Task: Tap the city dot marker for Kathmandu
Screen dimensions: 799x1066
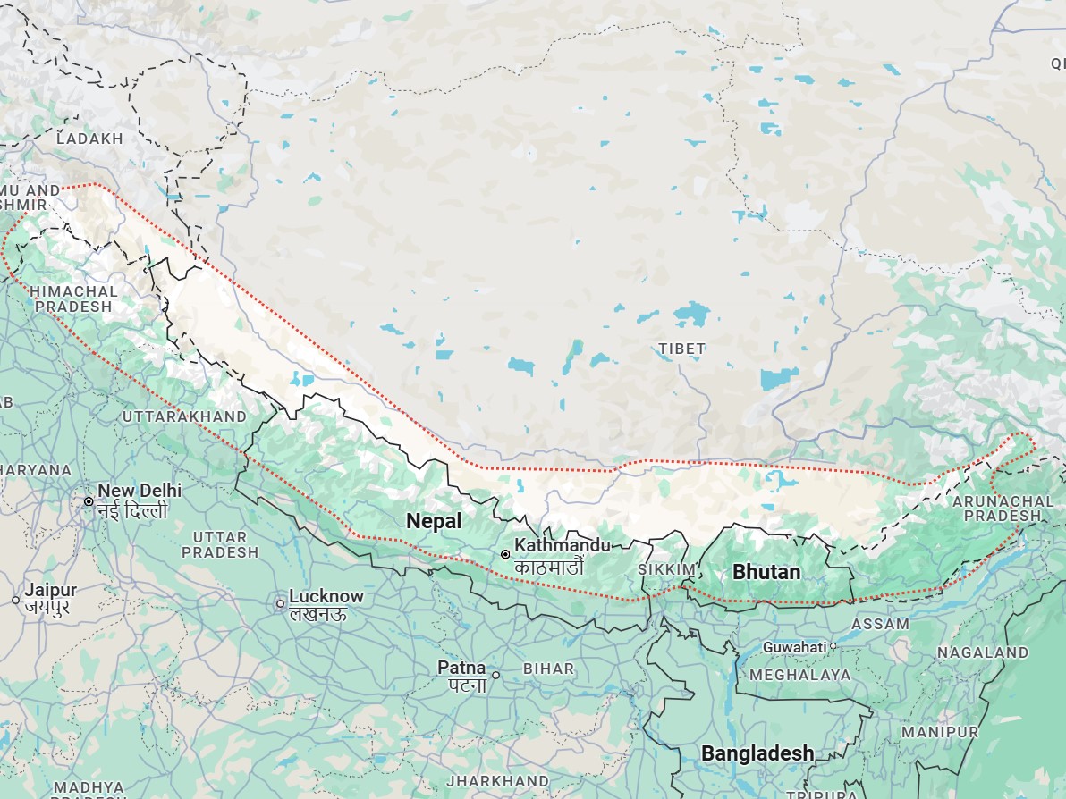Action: click(505, 554)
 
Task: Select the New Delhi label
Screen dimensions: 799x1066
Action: click(140, 491)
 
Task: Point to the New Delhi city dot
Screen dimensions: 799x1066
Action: click(89, 501)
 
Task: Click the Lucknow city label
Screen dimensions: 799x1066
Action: click(326, 596)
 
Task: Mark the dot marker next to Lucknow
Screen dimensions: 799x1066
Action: click(280, 603)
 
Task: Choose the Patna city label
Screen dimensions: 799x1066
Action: click(461, 668)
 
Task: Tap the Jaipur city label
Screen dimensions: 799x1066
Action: click(50, 590)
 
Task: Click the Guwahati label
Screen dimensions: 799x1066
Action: click(794, 646)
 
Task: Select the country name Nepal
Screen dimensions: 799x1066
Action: click(434, 521)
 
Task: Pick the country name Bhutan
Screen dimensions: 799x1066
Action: click(766, 571)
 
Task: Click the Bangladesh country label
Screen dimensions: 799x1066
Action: click(757, 753)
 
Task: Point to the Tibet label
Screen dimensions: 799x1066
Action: click(681, 349)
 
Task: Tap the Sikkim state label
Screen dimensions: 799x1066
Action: click(666, 569)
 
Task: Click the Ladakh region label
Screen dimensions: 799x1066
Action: click(89, 139)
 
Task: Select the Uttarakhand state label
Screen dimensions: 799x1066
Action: click(184, 416)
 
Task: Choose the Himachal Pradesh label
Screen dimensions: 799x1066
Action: click(73, 299)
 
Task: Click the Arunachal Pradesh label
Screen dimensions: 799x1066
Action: click(995, 509)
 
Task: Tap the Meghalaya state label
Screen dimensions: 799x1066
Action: click(799, 675)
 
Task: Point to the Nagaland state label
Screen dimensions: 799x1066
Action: click(982, 652)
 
